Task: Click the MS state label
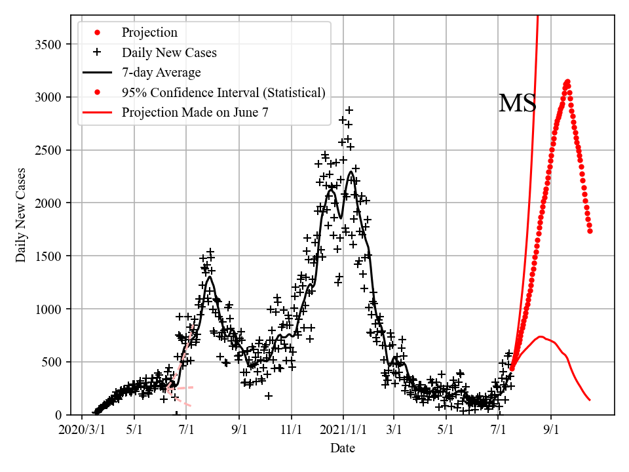click(x=518, y=104)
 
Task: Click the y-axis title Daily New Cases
click(x=21, y=215)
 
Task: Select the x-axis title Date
click(x=343, y=448)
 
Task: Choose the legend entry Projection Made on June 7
click(x=195, y=113)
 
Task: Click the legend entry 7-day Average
click(x=161, y=72)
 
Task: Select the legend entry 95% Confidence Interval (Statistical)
click(x=223, y=92)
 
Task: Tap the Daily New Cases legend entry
click(x=169, y=52)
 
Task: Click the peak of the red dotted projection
click(x=567, y=82)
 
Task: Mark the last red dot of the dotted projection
click(x=590, y=231)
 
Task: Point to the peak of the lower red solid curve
click(x=541, y=337)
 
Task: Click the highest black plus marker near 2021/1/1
click(x=349, y=110)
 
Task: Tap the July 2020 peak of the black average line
click(x=210, y=277)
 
